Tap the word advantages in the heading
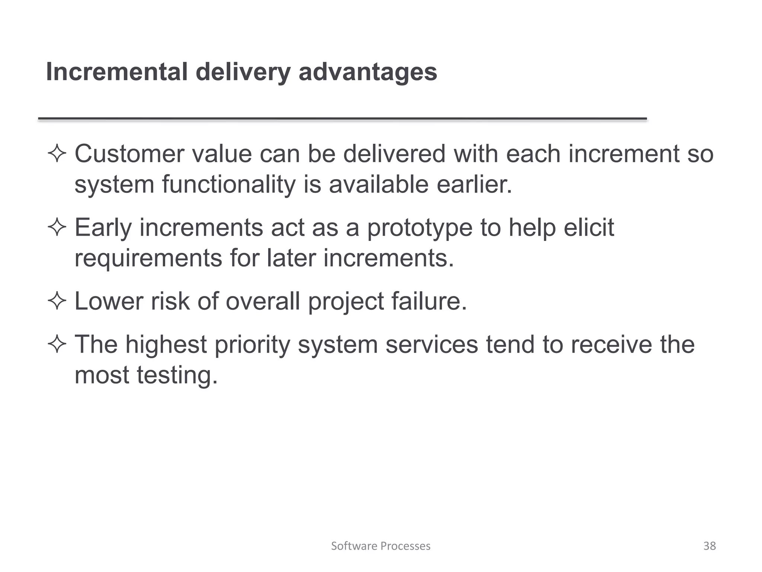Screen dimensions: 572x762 368,72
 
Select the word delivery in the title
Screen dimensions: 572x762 243,72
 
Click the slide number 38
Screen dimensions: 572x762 710,546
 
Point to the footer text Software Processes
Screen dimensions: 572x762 381,546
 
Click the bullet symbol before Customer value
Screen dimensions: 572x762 57,154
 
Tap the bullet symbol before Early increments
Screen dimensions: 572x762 57,228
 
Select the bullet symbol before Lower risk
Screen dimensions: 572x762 57,301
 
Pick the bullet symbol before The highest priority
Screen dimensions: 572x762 57,345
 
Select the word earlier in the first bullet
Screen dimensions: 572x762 474,184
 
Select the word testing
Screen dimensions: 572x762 177,375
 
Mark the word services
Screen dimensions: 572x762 432,344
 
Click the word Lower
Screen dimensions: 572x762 109,301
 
